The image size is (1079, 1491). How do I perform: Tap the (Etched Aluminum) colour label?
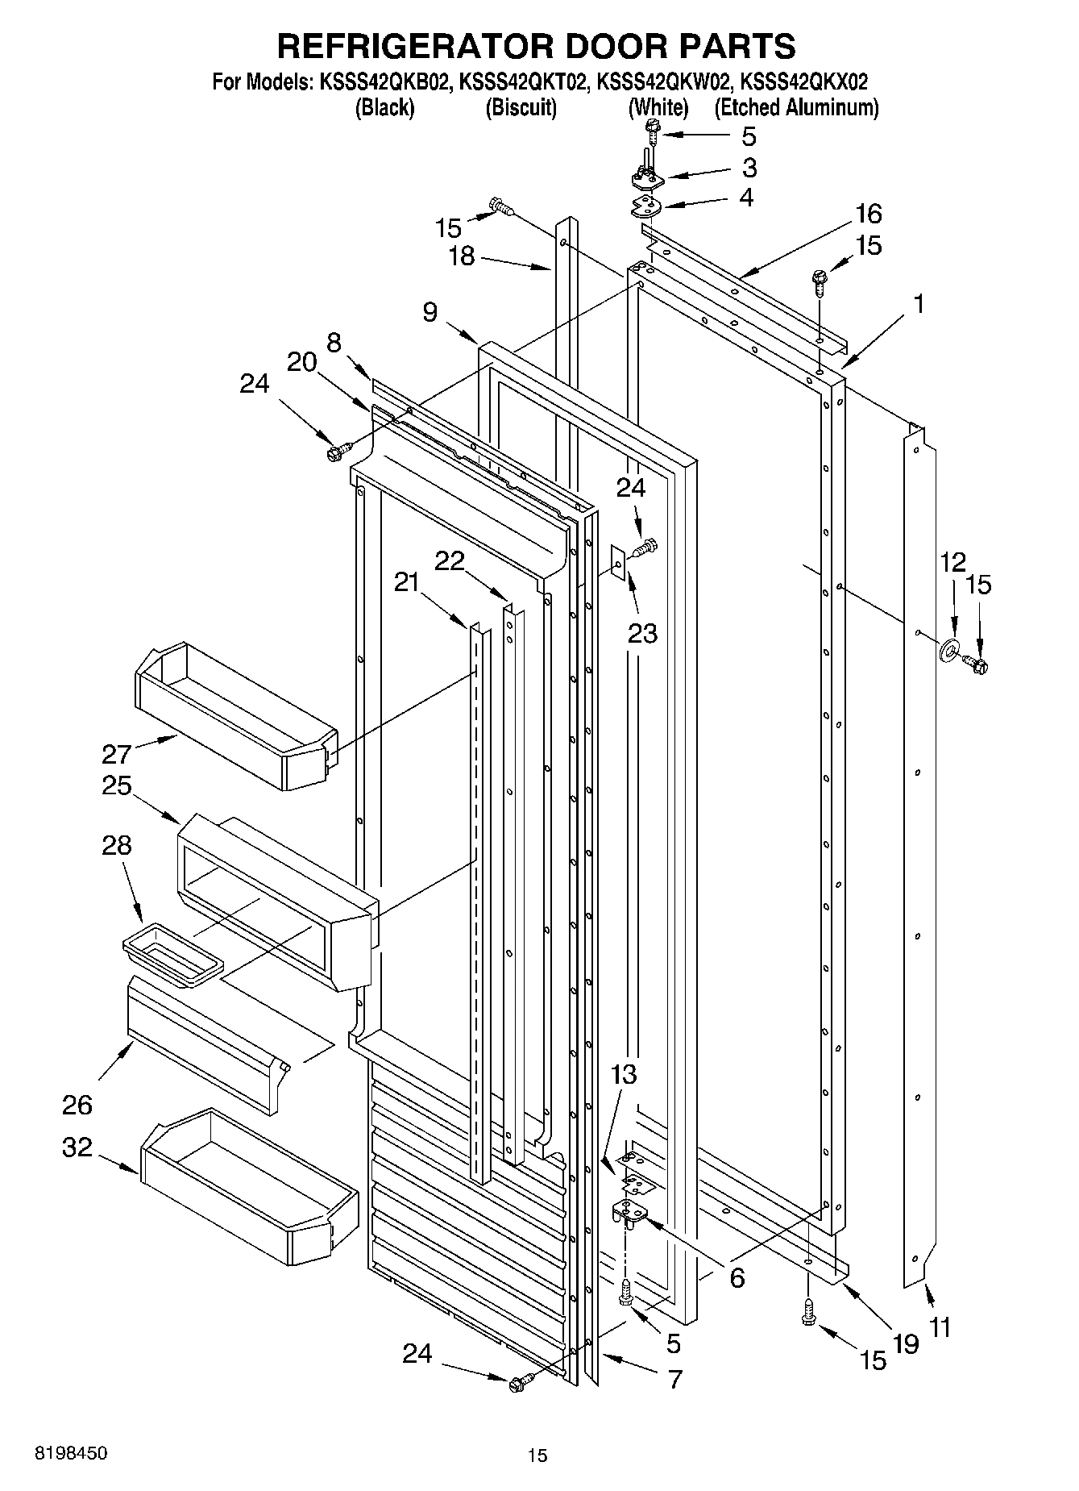(796, 108)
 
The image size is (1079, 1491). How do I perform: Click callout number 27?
(116, 754)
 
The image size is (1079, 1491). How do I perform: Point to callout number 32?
(77, 1147)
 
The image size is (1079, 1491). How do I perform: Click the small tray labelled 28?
(171, 956)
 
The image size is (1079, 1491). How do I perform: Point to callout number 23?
(642, 634)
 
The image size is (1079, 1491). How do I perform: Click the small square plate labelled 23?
(618, 561)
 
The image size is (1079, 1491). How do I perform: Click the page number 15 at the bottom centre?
(537, 1455)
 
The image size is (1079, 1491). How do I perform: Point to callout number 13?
(624, 1075)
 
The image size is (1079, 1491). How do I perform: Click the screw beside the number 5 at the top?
(653, 128)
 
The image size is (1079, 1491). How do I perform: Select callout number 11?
(940, 1326)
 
